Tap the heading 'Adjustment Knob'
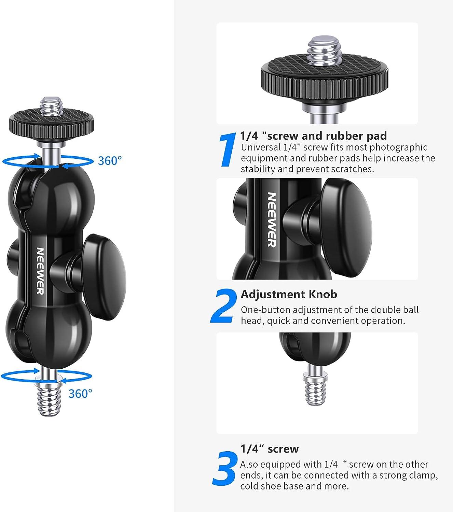[289, 294]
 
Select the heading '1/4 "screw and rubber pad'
[313, 136]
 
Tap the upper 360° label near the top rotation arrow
[110, 160]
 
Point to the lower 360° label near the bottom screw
[80, 394]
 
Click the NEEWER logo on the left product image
[40, 270]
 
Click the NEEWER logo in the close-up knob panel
[271, 219]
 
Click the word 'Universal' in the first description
[260, 147]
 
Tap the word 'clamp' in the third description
[423, 475]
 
